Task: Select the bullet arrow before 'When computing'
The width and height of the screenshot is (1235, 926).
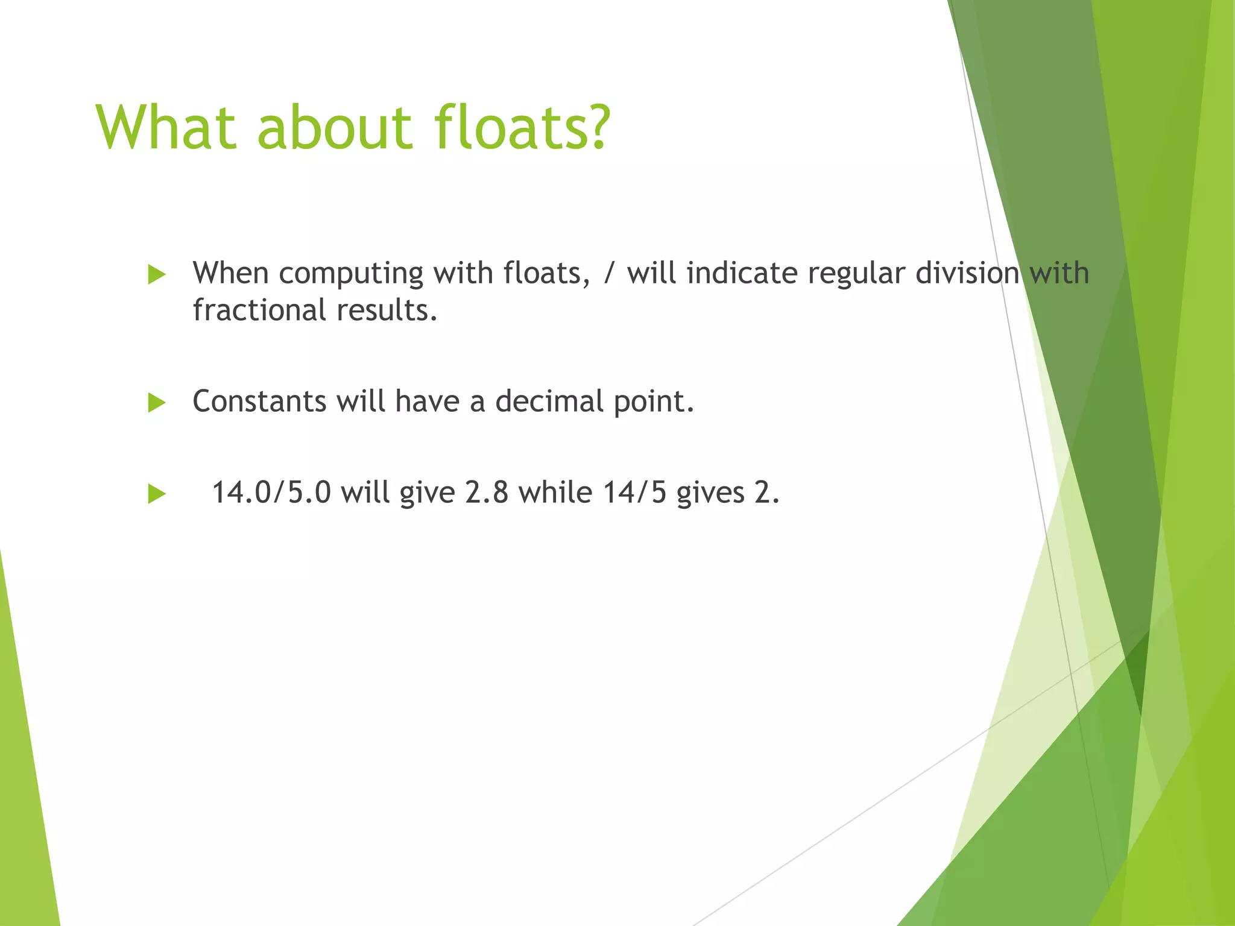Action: tap(157, 275)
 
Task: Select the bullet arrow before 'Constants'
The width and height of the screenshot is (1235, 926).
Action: tap(157, 403)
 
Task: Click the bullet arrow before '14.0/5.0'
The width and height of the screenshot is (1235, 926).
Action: tap(157, 494)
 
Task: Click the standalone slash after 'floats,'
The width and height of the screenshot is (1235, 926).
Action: tap(608, 274)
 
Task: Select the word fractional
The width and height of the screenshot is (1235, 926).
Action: tap(259, 310)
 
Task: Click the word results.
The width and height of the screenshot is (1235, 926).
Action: tap(387, 310)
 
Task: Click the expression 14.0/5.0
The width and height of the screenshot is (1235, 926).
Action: tap(271, 493)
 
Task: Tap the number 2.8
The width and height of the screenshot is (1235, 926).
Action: tap(486, 493)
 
